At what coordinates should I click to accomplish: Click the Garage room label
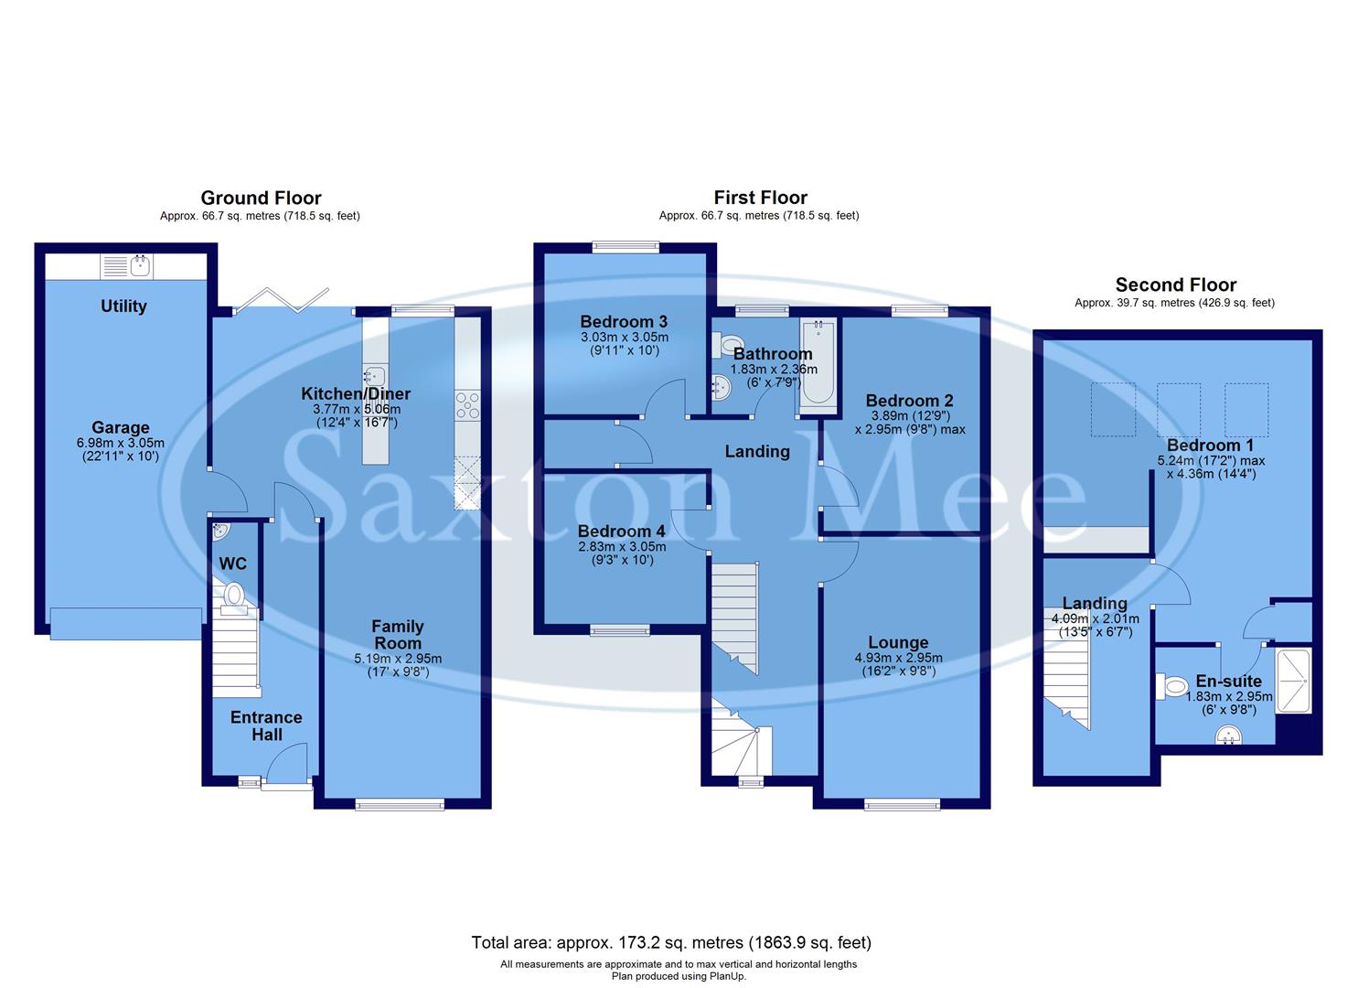120,427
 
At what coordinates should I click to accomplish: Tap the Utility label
123,306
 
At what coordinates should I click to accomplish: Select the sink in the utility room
140,266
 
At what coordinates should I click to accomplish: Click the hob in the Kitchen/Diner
468,405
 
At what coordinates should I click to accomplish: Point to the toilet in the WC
234,595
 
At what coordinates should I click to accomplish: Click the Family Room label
397,634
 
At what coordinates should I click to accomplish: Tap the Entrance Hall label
266,725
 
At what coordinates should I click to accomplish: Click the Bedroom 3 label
624,321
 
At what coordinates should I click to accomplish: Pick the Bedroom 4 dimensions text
622,553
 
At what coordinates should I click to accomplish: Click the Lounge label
898,642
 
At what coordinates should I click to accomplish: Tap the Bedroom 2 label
909,400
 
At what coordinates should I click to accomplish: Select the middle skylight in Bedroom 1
1178,409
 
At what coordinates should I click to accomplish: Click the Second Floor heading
1175,285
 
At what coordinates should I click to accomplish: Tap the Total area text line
671,942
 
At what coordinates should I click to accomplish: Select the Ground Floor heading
261,198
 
